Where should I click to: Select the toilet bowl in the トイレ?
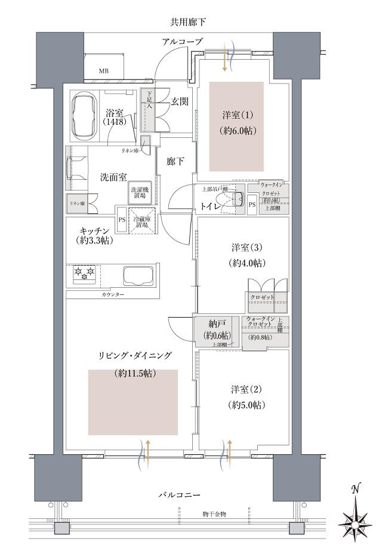(237, 200)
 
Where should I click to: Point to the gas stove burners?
(84, 275)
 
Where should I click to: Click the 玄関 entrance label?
(179, 101)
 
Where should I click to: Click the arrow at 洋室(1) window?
(225, 60)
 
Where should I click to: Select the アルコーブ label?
(181, 41)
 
